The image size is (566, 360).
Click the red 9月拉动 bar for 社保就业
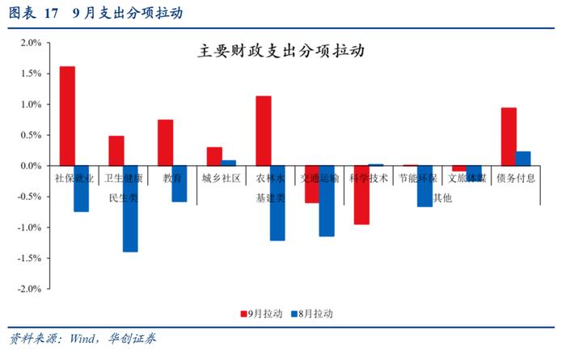coord(67,116)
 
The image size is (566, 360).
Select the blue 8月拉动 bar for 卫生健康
coord(130,209)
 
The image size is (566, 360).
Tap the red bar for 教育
coord(165,142)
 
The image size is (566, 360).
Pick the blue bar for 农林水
coord(277,203)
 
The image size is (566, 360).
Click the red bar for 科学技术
coord(361,195)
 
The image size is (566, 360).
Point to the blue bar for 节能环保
coord(424,186)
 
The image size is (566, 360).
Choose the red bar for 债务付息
coord(509,137)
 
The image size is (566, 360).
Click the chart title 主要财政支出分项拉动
coord(281,50)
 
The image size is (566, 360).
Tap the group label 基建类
coord(270,197)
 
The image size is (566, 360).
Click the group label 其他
coord(442,197)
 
